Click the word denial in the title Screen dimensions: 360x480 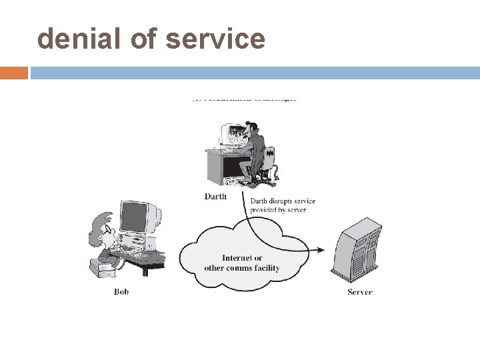click(x=73, y=39)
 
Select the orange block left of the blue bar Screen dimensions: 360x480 click(x=14, y=73)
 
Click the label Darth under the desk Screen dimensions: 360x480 click(x=215, y=197)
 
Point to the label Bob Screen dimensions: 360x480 click(x=121, y=291)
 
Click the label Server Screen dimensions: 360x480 click(x=360, y=292)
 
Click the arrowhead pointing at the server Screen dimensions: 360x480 click(x=321, y=251)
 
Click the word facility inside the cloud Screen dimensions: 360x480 click(x=266, y=268)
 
